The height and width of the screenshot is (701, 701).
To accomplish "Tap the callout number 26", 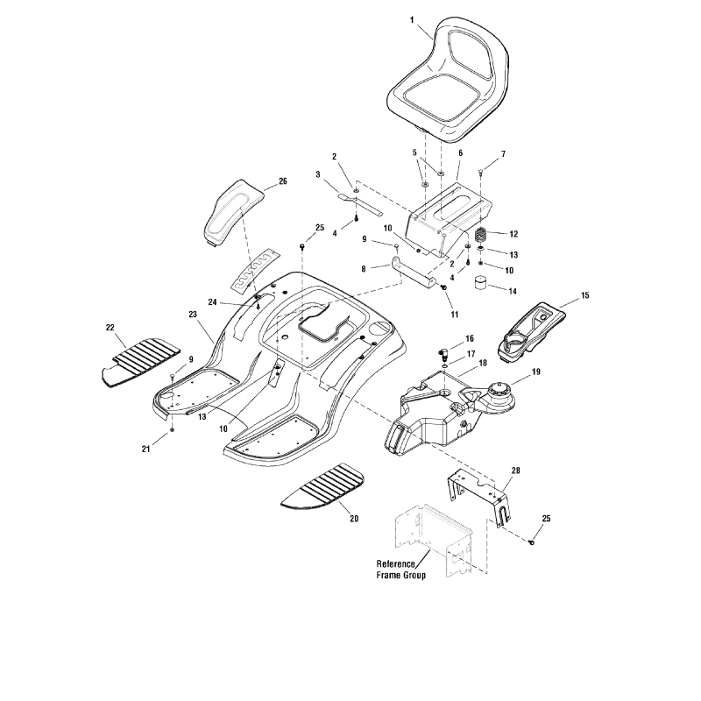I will tap(282, 181).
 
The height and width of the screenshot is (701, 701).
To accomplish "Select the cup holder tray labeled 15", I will tap(533, 326).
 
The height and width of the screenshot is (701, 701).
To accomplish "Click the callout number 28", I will tap(515, 471).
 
